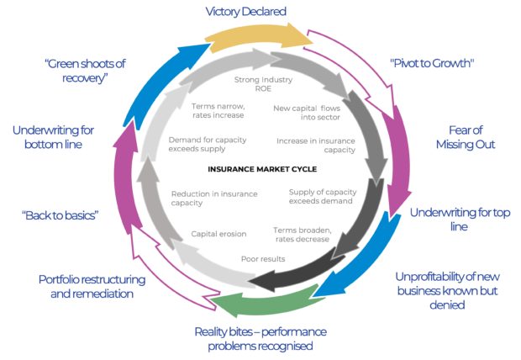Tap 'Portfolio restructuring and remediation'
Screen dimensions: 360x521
point(92,285)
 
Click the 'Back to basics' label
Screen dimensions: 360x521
point(61,214)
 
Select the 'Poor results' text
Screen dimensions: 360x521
point(263,259)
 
